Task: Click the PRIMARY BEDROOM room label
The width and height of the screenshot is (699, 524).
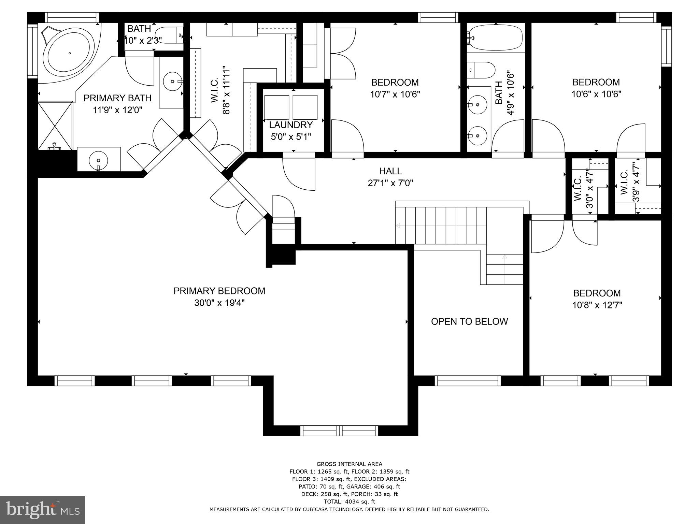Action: (219, 291)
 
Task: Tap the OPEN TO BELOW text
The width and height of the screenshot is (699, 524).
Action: (469, 321)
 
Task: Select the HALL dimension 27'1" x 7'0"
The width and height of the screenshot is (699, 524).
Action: (390, 183)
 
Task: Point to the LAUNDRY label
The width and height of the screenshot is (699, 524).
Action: (291, 125)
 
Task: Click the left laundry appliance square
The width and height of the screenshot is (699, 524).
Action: (277, 107)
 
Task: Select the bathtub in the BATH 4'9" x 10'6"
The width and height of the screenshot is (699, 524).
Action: (496, 38)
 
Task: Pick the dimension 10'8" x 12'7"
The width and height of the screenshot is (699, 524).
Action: (597, 305)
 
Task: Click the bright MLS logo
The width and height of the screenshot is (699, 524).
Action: (42, 510)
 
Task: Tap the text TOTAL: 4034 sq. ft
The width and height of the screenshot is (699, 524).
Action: (349, 501)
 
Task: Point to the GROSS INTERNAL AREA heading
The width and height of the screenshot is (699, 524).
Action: (349, 464)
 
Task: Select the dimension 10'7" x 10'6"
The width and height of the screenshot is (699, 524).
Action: (395, 94)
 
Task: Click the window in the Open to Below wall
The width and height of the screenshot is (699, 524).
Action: (468, 381)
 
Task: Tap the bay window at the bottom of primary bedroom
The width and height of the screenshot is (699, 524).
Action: (339, 431)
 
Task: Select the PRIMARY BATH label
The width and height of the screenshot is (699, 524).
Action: (117, 98)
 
